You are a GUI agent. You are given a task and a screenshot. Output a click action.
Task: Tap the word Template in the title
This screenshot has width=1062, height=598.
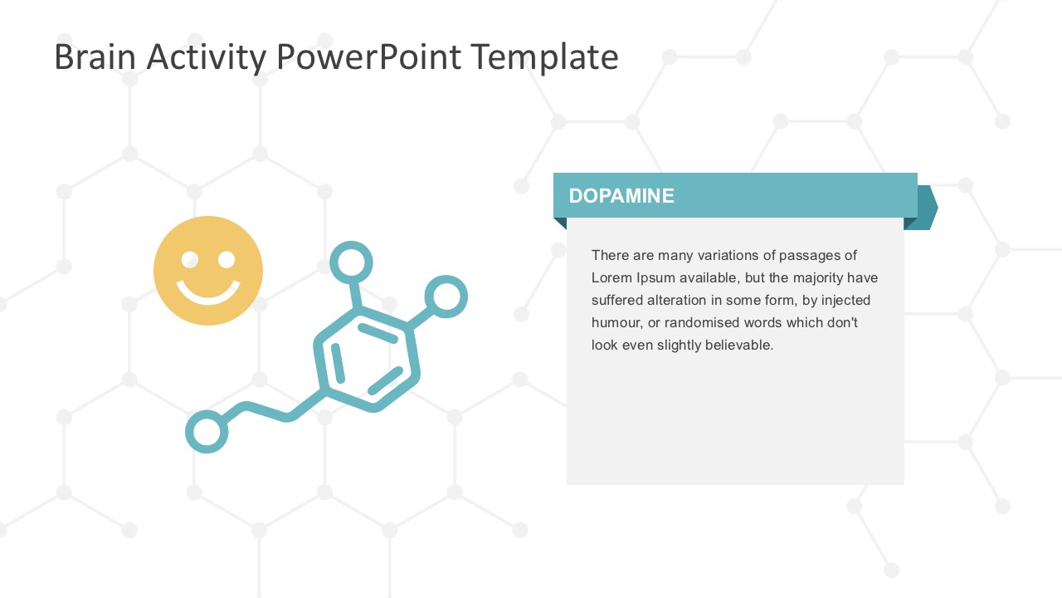click(x=543, y=57)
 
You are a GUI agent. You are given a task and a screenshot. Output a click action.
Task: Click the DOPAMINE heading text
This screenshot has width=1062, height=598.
click(x=621, y=196)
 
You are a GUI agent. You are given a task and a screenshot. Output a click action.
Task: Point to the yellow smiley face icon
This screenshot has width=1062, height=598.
click(x=208, y=271)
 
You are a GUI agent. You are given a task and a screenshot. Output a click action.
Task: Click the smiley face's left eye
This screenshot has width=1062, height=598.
click(x=190, y=260)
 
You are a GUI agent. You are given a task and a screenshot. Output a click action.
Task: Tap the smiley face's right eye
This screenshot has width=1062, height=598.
click(x=227, y=260)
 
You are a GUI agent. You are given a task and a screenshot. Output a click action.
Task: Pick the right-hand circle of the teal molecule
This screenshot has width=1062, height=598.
click(x=446, y=296)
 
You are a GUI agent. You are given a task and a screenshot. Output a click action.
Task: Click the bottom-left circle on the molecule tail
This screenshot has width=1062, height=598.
click(x=207, y=432)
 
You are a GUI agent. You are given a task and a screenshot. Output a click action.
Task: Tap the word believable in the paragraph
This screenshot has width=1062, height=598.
click(x=738, y=345)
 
